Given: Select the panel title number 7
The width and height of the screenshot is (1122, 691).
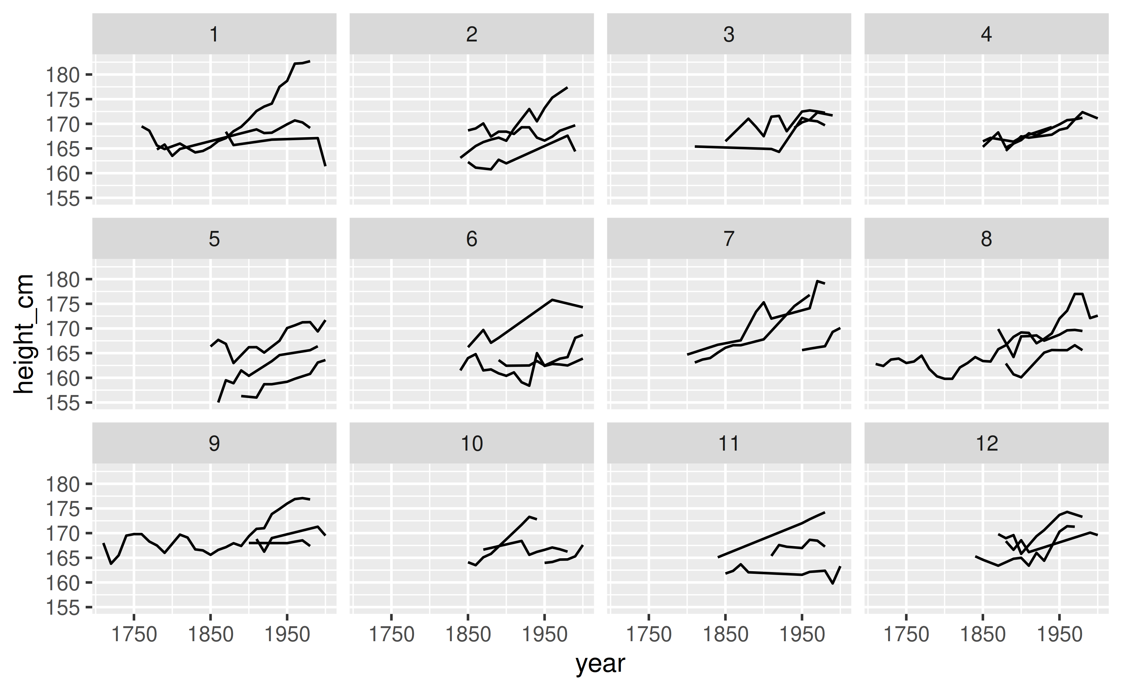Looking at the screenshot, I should pos(729,239).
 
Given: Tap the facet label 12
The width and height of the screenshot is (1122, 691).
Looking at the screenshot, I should pos(986,444).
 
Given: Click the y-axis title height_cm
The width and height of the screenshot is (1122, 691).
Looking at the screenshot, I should pos(24,334).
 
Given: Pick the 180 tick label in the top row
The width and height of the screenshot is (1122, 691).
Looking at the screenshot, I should pos(63,75).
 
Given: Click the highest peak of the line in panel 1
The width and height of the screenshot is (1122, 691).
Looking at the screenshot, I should pos(310,61).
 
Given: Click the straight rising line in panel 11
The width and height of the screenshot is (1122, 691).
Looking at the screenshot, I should pos(772,534).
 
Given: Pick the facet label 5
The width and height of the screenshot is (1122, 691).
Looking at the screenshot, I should pos(214,239).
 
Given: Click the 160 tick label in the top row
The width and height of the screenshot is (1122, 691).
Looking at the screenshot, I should pos(63,174).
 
